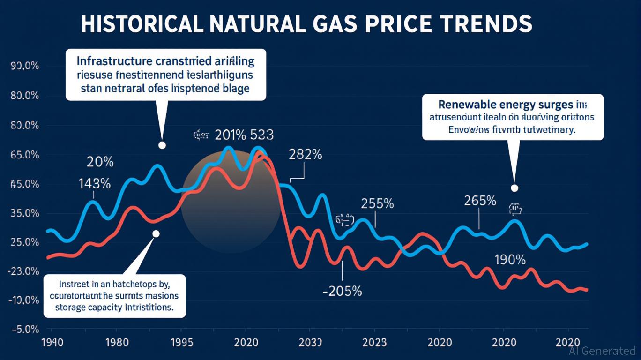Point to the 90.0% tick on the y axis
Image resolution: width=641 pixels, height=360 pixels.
[x=24, y=66]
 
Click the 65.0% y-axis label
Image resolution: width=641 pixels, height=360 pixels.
[x=24, y=155]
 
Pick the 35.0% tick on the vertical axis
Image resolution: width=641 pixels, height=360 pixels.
[x=24, y=213]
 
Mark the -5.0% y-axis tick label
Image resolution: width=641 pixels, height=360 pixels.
[x=24, y=330]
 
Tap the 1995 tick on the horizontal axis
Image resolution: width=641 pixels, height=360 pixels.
[x=180, y=343]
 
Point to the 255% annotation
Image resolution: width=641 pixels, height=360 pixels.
[x=377, y=204]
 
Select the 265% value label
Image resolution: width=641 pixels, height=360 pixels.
[x=480, y=201]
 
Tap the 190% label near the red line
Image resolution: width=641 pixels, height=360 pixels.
[x=510, y=260]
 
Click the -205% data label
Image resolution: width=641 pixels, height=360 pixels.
[x=343, y=291]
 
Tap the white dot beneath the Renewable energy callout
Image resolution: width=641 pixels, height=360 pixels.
[x=514, y=188]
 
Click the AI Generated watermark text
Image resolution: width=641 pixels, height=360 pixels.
[x=602, y=351]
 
